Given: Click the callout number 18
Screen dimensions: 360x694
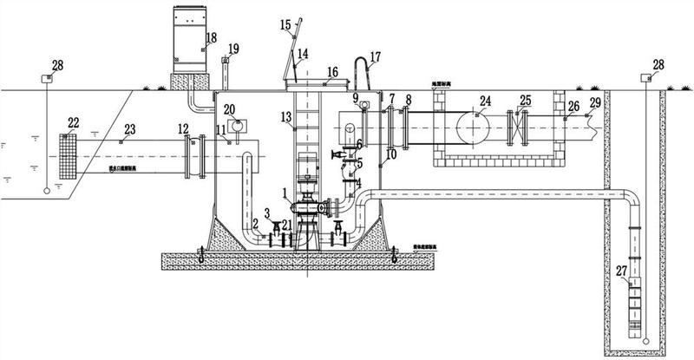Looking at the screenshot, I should pos(211,37).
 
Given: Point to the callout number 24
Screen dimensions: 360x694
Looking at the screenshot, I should pos(486,101).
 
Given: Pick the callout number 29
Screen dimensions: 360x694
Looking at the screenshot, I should pos(594,103).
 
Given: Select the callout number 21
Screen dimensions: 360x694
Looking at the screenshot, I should pos(285,225).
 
